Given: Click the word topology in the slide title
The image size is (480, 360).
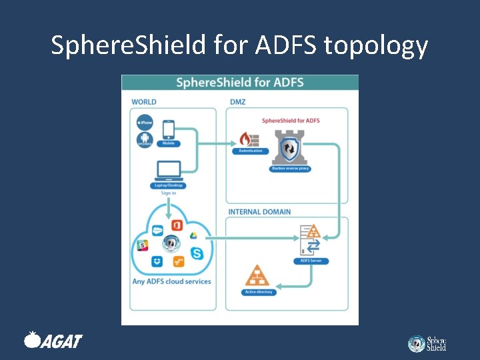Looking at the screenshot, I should click(375, 45).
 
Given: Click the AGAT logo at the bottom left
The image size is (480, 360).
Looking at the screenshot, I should click(53, 341).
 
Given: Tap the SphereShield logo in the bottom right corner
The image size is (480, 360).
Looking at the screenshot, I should click(427, 343).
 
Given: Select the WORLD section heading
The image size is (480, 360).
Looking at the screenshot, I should click(144, 102).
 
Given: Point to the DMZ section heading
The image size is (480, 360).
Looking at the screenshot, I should click(237, 102).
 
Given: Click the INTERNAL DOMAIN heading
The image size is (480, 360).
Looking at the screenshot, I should click(259, 212).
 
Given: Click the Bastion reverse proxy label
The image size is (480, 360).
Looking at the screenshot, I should click(291, 169).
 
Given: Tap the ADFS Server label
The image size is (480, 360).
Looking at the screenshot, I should click(311, 261).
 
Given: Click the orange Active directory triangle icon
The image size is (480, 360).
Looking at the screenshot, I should click(257, 276).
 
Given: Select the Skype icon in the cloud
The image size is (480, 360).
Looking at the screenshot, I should click(197, 253).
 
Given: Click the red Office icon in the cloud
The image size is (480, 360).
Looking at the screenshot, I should click(177, 225).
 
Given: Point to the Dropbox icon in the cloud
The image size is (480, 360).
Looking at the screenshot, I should click(157, 262).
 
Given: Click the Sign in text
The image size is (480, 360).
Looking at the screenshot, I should click(168, 193).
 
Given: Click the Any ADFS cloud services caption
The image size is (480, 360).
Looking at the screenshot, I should click(171, 281).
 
